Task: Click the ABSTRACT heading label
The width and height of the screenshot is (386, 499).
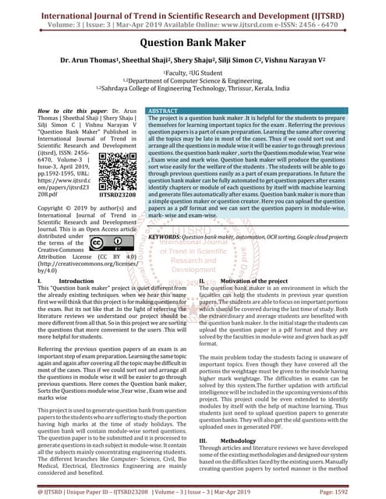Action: (x=165, y=112)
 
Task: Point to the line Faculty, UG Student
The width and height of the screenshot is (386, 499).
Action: (x=193, y=73)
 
